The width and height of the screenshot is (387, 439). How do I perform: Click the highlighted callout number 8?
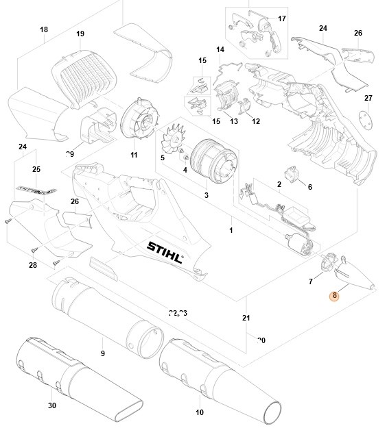[x=334, y=296]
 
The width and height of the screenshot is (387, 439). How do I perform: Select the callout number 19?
[x=80, y=34]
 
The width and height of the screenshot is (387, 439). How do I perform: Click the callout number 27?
[x=368, y=98]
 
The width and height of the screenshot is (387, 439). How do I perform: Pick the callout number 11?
[x=134, y=155]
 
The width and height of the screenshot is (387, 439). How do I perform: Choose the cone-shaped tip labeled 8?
[x=357, y=278]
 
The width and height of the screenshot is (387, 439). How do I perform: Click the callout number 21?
[x=246, y=318]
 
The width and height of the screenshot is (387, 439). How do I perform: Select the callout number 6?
[x=309, y=187]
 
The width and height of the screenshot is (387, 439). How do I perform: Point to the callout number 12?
[x=256, y=122]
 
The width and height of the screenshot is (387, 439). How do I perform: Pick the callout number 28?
[x=33, y=265]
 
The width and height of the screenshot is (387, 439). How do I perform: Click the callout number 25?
[x=36, y=169]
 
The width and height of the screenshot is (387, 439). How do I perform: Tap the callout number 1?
[x=231, y=230]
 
